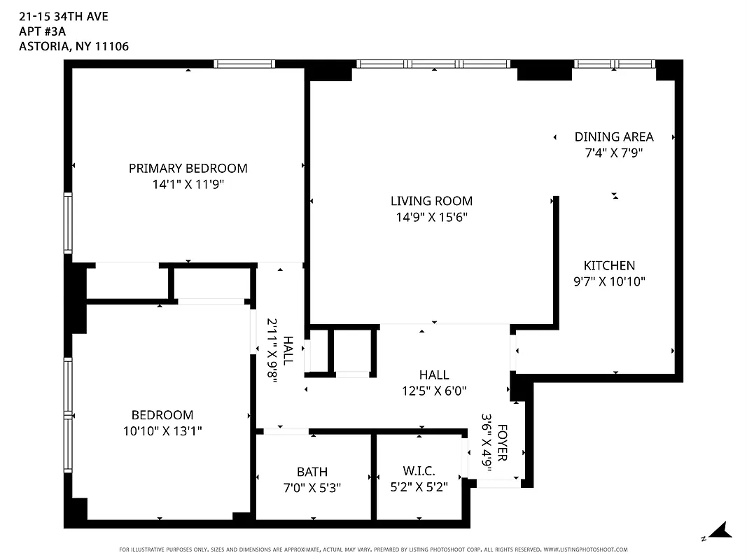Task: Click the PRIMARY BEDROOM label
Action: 188,168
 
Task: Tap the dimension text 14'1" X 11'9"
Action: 188,184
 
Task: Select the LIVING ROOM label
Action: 431,201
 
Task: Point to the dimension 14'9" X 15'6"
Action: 431,217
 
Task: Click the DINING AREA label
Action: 614,136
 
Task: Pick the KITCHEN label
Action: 609,265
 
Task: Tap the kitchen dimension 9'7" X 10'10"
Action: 609,281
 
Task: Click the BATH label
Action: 312,472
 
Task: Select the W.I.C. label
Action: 419,472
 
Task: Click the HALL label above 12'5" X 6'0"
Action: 434,375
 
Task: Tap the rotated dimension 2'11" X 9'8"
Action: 272,348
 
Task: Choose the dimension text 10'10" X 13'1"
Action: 162,431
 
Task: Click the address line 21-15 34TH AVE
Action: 54,15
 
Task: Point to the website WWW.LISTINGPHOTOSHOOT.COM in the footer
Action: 585,549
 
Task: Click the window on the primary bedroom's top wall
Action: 244,64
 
